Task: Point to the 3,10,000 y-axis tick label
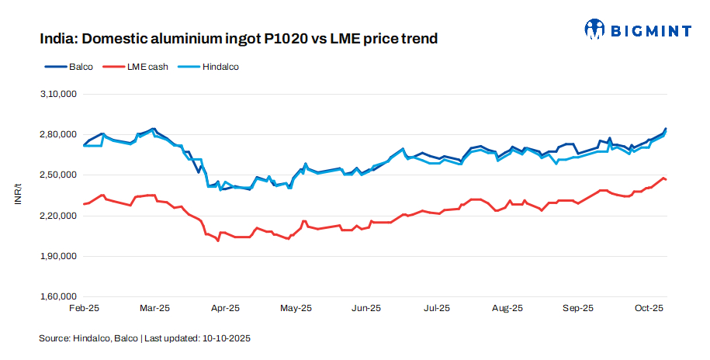pyautogui.click(x=57, y=94)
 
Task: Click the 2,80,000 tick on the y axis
pyautogui.click(x=57, y=135)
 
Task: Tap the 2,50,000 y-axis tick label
pyautogui.click(x=57, y=175)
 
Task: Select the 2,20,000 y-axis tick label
pyautogui.click(x=57, y=216)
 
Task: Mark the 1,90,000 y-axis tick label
pyautogui.click(x=57, y=256)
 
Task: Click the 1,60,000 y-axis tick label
pyautogui.click(x=57, y=296)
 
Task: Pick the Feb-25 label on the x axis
pyautogui.click(x=84, y=308)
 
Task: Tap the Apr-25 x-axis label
pyautogui.click(x=225, y=308)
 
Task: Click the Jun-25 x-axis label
pyautogui.click(x=366, y=308)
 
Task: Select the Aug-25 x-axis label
pyautogui.click(x=507, y=308)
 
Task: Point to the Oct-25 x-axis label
pyautogui.click(x=648, y=308)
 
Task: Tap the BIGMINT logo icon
pyautogui.click(x=594, y=29)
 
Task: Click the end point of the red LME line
pyautogui.click(x=666, y=180)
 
